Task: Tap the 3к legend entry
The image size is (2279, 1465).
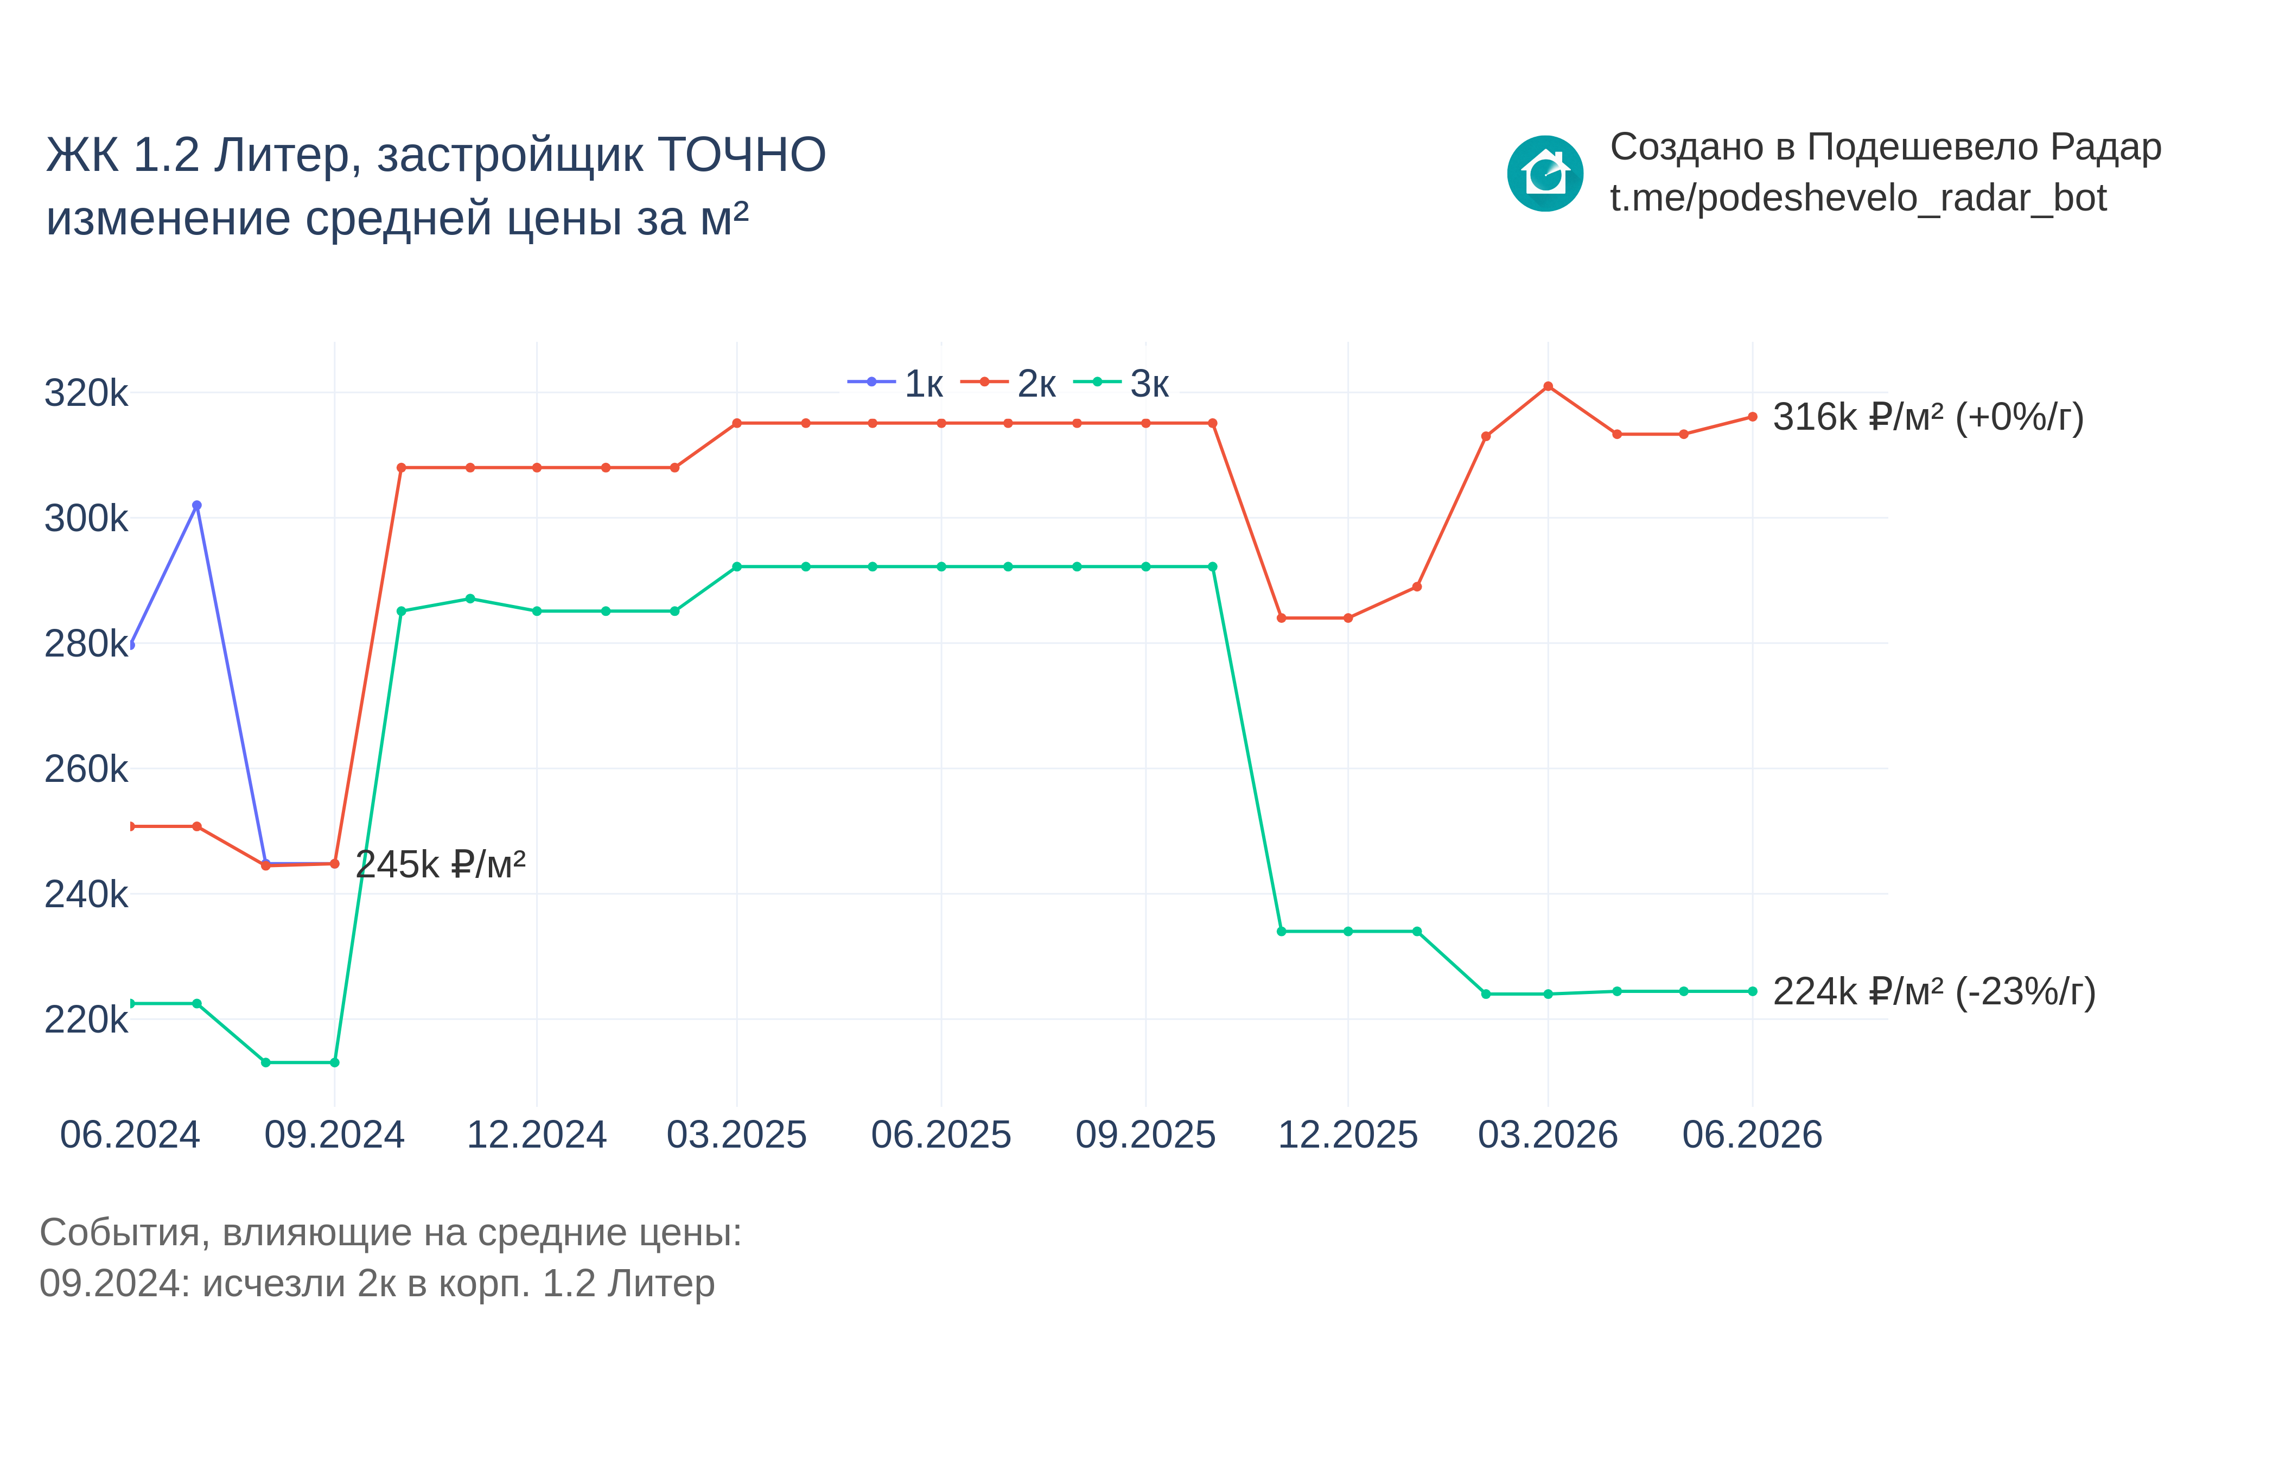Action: (1122, 384)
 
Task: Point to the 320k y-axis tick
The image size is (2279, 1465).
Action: (86, 393)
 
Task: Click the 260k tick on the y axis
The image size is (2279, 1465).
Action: (86, 769)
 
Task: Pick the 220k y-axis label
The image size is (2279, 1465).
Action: (86, 1020)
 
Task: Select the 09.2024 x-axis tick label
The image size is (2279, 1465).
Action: (335, 1135)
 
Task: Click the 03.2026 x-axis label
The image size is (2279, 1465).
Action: (1548, 1135)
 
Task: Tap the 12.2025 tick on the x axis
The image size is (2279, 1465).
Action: (1348, 1135)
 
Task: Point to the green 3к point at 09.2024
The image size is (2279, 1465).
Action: (335, 1062)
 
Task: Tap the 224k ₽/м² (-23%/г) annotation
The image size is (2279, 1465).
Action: (1934, 992)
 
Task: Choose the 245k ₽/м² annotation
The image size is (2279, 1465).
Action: (441, 865)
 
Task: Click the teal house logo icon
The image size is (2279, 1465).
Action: (1545, 173)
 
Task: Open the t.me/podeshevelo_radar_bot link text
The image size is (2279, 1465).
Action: (1857, 198)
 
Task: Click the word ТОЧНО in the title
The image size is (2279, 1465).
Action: (742, 155)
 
